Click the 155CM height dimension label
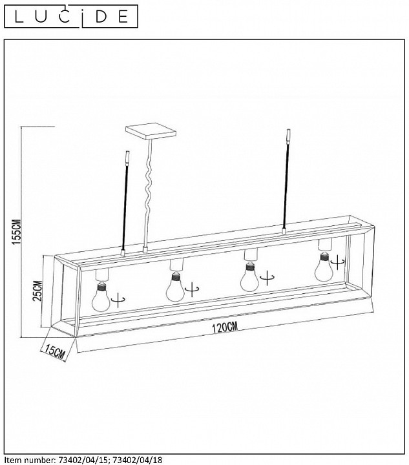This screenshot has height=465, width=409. click(x=17, y=232)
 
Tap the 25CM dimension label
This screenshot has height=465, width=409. click(x=37, y=291)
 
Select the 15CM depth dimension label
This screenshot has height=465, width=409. click(x=54, y=351)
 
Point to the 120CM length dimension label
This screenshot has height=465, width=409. click(x=225, y=327)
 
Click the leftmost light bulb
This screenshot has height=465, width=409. click(x=101, y=296)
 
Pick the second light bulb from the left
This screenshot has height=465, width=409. click(x=175, y=287)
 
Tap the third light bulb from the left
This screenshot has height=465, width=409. click(x=249, y=277)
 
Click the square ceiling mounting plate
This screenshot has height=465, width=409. click(x=151, y=131)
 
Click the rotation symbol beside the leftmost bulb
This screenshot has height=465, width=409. click(x=118, y=300)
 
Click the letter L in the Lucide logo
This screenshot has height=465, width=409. click(x=19, y=17)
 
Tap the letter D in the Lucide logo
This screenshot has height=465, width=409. click(x=101, y=17)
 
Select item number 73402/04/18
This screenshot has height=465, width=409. click(x=138, y=460)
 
